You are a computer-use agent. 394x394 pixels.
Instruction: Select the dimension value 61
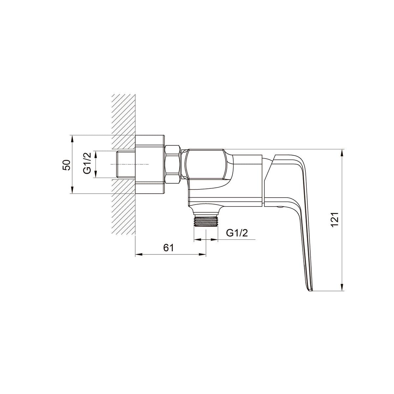coord(168,248)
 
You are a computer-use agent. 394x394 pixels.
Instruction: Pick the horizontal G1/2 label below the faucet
coord(237,233)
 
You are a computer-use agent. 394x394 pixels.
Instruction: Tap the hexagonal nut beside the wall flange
coord(173,164)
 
